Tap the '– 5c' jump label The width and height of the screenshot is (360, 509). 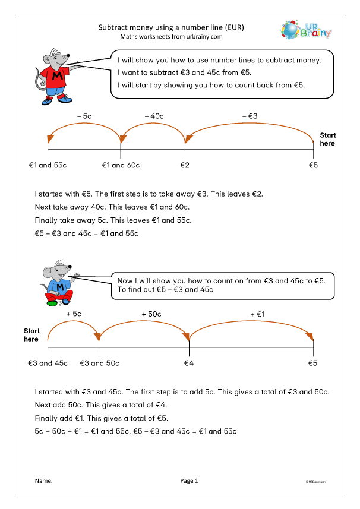point(84,116)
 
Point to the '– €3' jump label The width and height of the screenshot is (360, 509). point(251,116)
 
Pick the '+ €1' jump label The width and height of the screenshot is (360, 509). point(257,313)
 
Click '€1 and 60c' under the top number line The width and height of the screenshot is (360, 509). point(121,165)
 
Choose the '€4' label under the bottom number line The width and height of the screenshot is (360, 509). point(189,363)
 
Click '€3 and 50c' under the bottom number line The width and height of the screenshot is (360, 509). point(99,363)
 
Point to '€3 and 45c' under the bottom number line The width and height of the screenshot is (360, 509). point(48,363)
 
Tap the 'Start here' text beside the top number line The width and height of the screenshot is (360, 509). point(327,139)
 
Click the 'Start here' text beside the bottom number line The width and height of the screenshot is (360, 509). point(31,335)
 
